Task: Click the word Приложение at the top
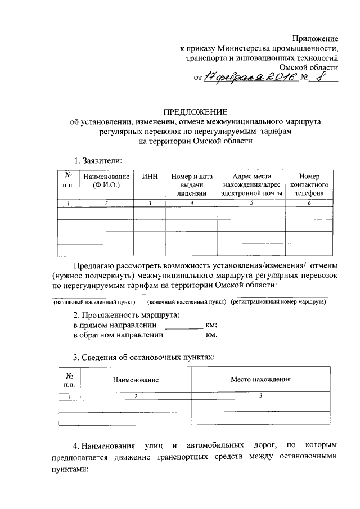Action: click(315, 38)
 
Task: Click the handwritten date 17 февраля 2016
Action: click(249, 78)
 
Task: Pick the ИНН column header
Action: click(150, 176)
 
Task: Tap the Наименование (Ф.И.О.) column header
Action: click(106, 180)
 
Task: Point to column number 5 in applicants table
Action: click(251, 203)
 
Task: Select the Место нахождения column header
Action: click(260, 379)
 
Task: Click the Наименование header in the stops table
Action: click(136, 380)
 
